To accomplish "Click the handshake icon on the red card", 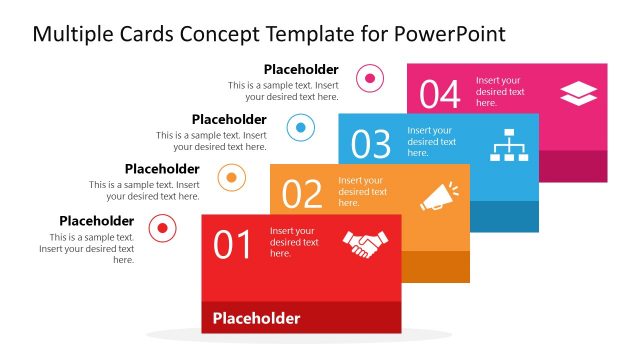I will pyautogui.click(x=365, y=244).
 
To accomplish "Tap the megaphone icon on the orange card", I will pyautogui.click(x=439, y=195).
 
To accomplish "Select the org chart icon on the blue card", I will pyautogui.click(x=508, y=146).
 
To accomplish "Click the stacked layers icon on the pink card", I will pyautogui.click(x=578, y=93).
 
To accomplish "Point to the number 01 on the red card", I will pyautogui.click(x=233, y=245).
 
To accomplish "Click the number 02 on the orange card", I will pyautogui.click(x=302, y=194).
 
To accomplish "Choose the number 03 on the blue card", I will pyautogui.click(x=370, y=145).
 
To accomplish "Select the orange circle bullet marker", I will pyautogui.click(x=232, y=178).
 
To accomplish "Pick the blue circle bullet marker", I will pyautogui.click(x=301, y=127).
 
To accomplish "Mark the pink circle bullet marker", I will pyautogui.click(x=370, y=77).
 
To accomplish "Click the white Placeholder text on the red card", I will pyautogui.click(x=256, y=319).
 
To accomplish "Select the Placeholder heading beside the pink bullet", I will pyautogui.click(x=301, y=69).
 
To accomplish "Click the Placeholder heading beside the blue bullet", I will pyautogui.click(x=229, y=119).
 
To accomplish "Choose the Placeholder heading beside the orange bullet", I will pyautogui.click(x=161, y=169).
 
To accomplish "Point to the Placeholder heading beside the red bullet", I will pyautogui.click(x=96, y=221).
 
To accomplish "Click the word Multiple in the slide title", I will pyautogui.click(x=69, y=34).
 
